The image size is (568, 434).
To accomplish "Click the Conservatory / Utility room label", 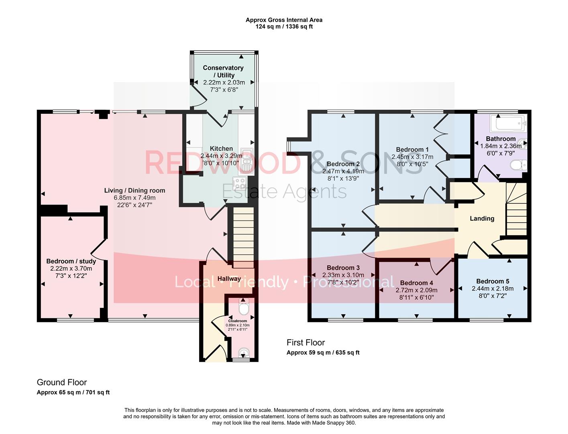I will pos(223,72).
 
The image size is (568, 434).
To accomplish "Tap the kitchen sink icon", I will pos(246,161).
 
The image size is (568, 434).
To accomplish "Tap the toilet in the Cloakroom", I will pos(243,308).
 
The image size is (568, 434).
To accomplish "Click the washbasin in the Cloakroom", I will pos(243,353).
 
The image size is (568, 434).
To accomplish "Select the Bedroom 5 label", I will pos(493,281).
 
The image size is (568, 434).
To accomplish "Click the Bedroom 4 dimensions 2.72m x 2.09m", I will pos(416,290).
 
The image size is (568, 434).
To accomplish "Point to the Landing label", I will pos(482,219).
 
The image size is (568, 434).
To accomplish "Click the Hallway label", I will pos(229,278).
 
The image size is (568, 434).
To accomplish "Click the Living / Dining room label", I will pos(134,190).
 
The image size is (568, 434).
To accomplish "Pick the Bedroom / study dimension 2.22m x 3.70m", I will pos(71,268).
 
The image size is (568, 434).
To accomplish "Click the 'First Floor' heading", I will pos(305,342).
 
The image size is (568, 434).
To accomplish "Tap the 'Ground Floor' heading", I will pos(62,382).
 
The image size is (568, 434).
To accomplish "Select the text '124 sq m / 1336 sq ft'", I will pos(284,27).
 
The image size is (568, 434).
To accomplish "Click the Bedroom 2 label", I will pos(343,164).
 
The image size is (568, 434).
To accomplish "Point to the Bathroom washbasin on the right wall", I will pos(523,143).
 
